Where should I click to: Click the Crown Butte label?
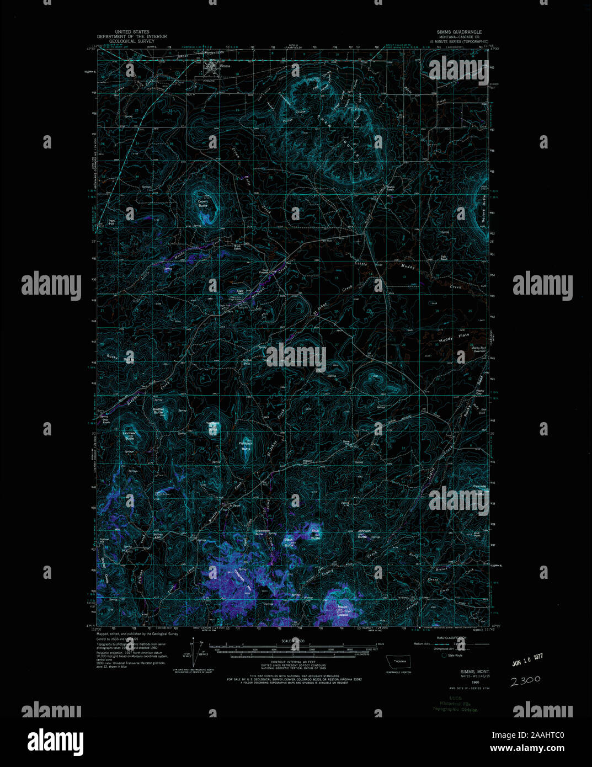[203, 204]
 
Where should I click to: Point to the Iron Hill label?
[111, 222]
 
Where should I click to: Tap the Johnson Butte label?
[363, 534]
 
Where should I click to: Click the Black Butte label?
[288, 540]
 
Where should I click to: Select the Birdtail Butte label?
[158, 411]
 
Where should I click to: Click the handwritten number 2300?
[525, 680]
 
